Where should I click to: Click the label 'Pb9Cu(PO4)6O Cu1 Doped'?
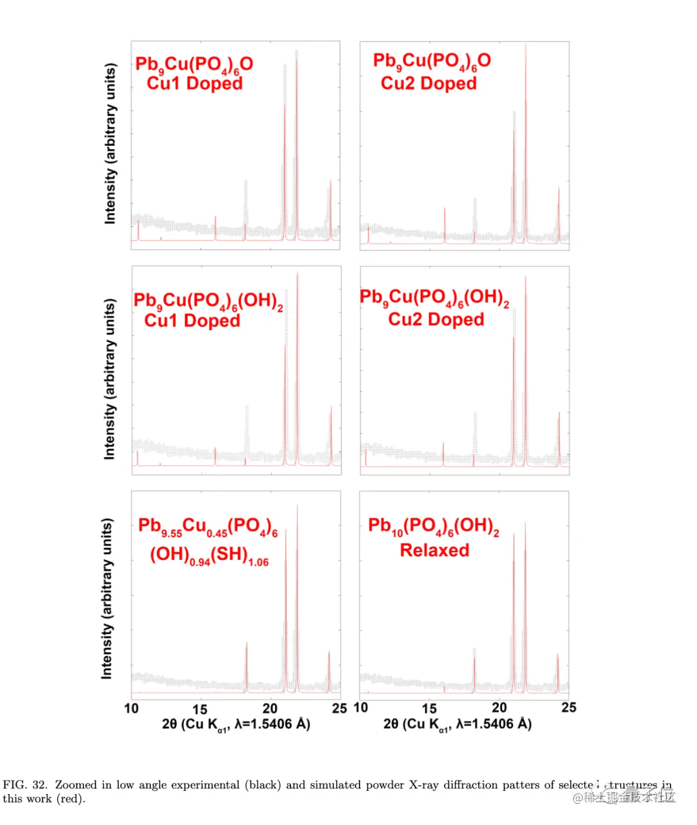click(194, 74)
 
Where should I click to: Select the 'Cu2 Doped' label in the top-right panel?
click(429, 83)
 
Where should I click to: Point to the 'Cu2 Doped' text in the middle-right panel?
click(436, 319)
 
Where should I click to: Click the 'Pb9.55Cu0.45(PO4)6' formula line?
click(208, 527)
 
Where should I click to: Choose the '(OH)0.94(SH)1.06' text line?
click(209, 555)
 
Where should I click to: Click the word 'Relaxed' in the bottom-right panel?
click(434, 550)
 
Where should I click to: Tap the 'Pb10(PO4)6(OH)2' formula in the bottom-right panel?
click(434, 526)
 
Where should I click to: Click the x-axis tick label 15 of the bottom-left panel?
click(200, 709)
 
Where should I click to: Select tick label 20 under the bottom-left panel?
click(270, 709)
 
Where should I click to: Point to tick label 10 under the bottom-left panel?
click(131, 709)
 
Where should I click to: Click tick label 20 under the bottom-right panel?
click(499, 708)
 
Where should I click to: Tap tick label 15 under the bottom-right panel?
click(429, 708)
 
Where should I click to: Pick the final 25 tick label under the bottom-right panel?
click(569, 708)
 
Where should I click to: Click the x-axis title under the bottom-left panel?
click(236, 724)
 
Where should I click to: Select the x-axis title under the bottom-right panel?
click(457, 724)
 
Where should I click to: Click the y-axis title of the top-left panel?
click(111, 144)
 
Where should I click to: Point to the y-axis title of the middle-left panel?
click(110, 379)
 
